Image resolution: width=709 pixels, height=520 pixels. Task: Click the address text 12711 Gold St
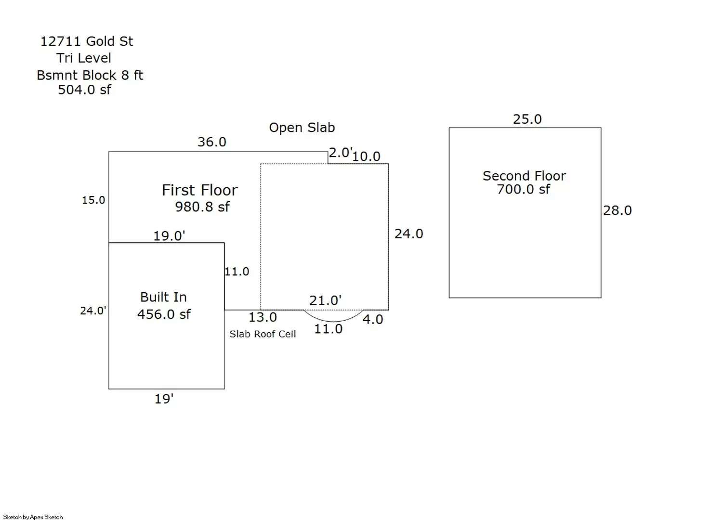[87, 41]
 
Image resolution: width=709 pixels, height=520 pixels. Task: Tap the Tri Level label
[84, 58]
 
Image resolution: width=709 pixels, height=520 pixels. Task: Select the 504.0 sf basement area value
[84, 90]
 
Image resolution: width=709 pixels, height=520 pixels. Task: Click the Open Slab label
[302, 128]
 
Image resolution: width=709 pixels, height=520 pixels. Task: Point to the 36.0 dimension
[212, 142]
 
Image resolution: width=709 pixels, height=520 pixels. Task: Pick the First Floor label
[200, 190]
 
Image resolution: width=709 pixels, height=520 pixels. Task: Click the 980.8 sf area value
[202, 207]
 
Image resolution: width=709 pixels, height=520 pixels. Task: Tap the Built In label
[163, 297]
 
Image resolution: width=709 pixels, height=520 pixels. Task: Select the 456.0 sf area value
[164, 314]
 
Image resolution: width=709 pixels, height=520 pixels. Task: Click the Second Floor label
[524, 176]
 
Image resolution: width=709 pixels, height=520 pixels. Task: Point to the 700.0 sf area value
[524, 189]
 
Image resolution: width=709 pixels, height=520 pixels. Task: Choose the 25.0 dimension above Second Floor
[527, 119]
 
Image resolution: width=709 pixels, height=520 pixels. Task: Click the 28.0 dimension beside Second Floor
[617, 210]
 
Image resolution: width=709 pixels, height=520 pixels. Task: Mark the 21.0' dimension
[326, 300]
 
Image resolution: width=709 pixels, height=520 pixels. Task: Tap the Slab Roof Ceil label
[263, 334]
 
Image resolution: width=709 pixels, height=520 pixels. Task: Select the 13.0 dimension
[263, 317]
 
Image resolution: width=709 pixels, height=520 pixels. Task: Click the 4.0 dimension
[373, 319]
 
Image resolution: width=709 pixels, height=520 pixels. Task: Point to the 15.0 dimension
[93, 200]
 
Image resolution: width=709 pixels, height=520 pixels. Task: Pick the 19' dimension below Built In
[164, 399]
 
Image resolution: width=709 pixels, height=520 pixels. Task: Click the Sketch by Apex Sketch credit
[33, 517]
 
